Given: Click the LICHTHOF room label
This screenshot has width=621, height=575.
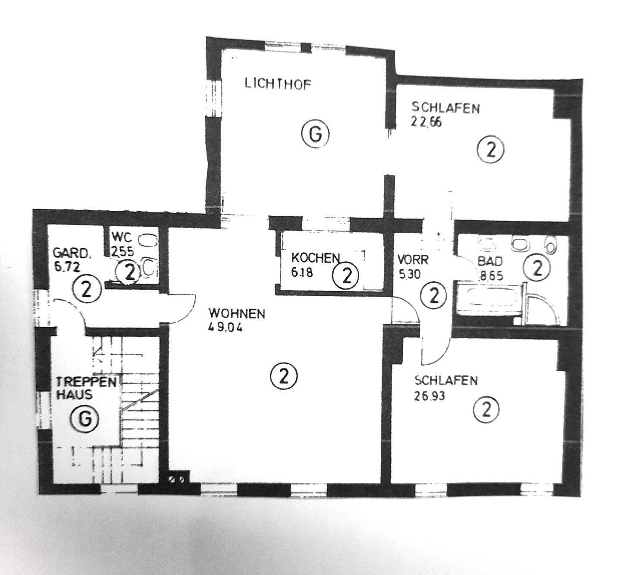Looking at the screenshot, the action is coord(277,84).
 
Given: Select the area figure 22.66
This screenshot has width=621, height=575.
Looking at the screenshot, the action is coord(426,122).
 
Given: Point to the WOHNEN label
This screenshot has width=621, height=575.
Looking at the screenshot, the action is coord(236,313).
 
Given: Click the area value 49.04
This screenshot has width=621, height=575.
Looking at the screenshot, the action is coord(226,327).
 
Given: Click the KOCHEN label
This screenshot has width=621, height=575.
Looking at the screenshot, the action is coord(316,258).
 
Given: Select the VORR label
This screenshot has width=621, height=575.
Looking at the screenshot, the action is coord(413,260).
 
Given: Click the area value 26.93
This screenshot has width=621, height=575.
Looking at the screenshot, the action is coord(429,395).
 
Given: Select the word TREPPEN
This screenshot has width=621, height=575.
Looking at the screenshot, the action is coord(87,382).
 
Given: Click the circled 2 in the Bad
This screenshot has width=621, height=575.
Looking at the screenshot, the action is coord(537,268).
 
